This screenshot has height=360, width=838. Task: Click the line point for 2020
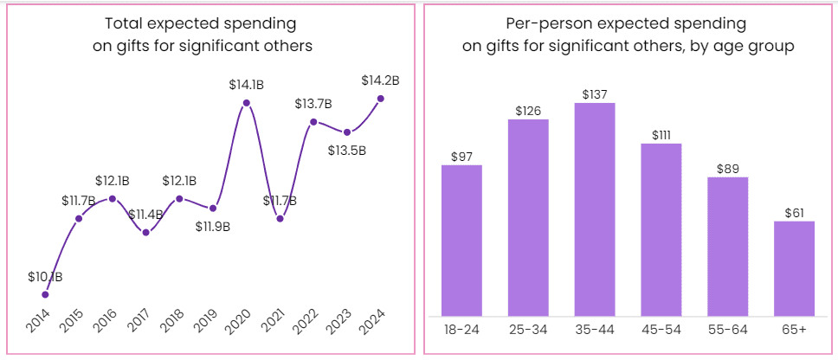click(247, 103)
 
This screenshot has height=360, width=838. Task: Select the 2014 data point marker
click(45, 294)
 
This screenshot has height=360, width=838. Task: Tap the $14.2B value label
click(380, 80)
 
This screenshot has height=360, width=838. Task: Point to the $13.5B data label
click(347, 150)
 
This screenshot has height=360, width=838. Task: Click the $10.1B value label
click(45, 277)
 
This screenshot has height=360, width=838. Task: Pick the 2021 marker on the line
click(280, 218)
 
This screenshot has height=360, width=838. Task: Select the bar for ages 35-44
click(595, 209)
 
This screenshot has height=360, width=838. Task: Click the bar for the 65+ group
click(794, 268)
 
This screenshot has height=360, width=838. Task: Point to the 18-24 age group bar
click(461, 240)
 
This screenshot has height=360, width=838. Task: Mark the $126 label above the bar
click(528, 111)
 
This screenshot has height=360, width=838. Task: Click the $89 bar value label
click(727, 169)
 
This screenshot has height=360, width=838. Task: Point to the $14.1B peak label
click(247, 85)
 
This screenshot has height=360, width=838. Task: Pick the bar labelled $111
click(661, 229)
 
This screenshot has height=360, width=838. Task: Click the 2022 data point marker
click(313, 122)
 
